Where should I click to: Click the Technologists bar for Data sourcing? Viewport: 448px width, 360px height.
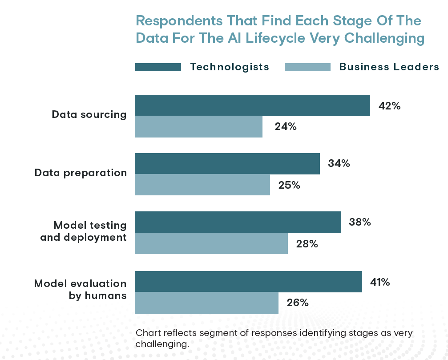click(x=252, y=105)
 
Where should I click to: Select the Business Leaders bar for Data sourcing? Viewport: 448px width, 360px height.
click(x=198, y=127)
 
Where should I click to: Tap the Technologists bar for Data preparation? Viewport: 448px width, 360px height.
click(x=227, y=164)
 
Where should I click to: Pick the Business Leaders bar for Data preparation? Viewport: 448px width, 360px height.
click(x=202, y=185)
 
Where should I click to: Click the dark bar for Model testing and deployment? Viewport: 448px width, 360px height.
click(x=238, y=222)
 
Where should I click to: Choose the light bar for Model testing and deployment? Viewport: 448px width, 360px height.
click(x=211, y=243)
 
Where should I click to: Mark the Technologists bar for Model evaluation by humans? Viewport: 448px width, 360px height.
click(x=248, y=282)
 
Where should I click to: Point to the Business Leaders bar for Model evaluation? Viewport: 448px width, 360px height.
click(x=206, y=303)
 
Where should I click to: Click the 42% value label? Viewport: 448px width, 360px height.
click(x=389, y=106)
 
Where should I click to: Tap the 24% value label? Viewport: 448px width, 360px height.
click(x=286, y=127)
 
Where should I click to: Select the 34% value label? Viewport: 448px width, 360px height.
click(x=339, y=164)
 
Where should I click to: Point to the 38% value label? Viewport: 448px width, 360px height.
click(x=360, y=222)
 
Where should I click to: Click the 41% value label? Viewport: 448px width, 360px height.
click(x=380, y=282)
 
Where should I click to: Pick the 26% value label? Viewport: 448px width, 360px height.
click(x=298, y=303)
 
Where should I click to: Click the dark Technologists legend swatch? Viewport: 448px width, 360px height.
click(x=158, y=67)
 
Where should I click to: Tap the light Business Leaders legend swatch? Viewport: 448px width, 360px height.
click(x=307, y=67)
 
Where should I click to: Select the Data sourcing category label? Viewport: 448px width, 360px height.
click(x=89, y=114)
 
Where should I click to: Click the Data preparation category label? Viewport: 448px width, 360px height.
click(x=81, y=173)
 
